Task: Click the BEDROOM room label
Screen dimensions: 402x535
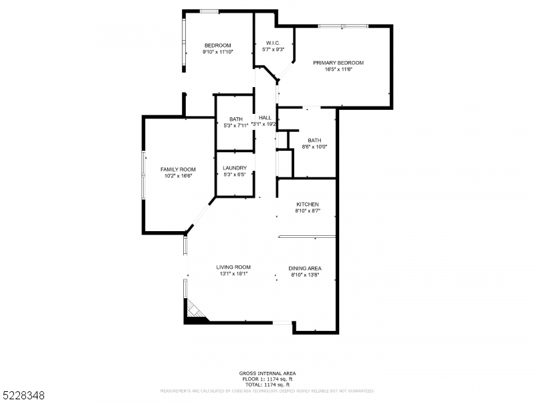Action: [218, 45]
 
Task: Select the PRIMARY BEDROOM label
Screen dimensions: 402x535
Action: [338, 63]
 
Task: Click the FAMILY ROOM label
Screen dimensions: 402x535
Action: [177, 169]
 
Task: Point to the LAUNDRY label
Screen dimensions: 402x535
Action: [235, 168]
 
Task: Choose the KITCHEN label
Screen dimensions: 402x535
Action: [308, 204]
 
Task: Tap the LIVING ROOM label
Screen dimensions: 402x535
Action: [233, 267]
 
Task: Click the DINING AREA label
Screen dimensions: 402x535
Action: [306, 268]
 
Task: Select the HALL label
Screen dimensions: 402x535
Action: [265, 118]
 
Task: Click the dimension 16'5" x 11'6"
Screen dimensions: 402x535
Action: [338, 70]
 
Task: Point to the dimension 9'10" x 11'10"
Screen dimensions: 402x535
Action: [218, 52]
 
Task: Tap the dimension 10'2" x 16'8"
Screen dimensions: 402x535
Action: [177, 176]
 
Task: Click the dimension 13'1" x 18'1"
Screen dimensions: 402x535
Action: [233, 274]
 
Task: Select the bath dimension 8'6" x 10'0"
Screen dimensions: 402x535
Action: [314, 147]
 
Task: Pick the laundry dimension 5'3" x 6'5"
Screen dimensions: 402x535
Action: [235, 175]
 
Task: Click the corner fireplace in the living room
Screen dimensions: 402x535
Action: [193, 310]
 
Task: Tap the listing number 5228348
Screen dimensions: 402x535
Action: [23, 395]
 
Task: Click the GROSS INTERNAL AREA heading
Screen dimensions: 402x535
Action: [267, 373]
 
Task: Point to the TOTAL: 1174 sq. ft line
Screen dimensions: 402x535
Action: [267, 384]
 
